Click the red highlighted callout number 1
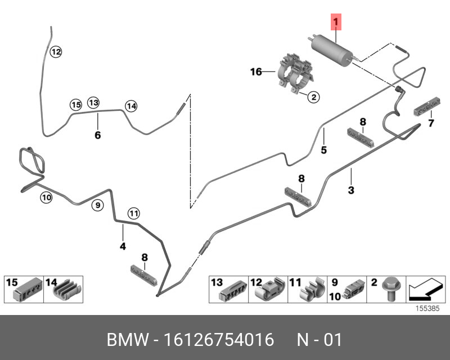tap(336, 22)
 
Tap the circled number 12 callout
tap(56, 52)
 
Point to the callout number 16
tap(256, 71)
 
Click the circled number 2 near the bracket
tap(313, 97)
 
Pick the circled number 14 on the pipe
tap(130, 105)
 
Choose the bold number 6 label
tap(97, 135)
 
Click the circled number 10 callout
tap(46, 197)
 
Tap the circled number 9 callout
tap(97, 205)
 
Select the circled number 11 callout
tap(133, 213)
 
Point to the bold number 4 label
tap(123, 246)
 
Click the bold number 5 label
tap(324, 150)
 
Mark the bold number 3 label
tap(351, 190)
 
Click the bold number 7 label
tap(431, 123)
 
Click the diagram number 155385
tap(427, 309)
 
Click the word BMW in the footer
tap(125, 340)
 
